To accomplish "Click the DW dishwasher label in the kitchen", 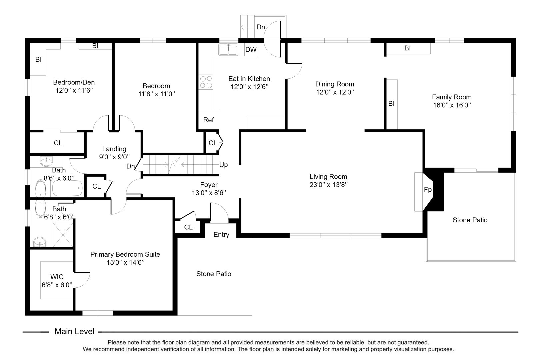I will point(251,50).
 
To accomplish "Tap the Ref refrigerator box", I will point(209,120).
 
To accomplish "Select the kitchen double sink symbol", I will point(228,50).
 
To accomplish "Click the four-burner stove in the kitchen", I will point(206,82).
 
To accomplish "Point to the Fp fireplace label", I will point(428,190).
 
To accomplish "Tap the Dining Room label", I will point(335,84).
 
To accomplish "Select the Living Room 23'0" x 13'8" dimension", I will point(328,185).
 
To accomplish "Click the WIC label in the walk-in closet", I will point(57,277).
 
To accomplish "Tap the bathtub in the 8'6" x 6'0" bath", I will point(67,189).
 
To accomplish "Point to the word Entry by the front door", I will point(221,235).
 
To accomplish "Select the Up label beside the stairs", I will point(224,165).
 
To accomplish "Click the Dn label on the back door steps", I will point(261,27).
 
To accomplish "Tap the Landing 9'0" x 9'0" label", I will point(114,153).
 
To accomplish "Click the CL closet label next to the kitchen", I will point(213,143).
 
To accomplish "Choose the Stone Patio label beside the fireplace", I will point(470,220).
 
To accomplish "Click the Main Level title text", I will point(74,332).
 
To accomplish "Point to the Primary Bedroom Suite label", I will point(125,254).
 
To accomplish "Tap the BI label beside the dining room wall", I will point(391,104).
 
